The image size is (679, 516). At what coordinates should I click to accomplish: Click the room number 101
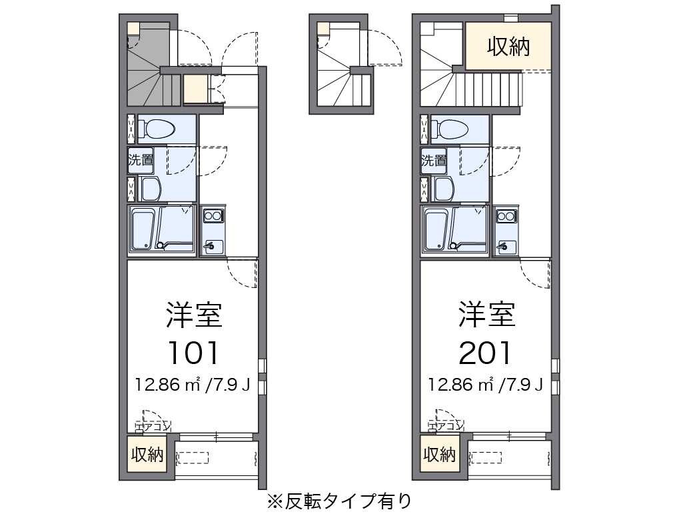point(193,353)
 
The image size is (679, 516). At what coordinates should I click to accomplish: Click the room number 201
point(486,353)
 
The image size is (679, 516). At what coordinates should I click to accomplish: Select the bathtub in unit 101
point(143,229)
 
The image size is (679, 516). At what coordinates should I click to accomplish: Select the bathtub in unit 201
point(436,229)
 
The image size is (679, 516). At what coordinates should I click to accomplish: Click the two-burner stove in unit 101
point(213,215)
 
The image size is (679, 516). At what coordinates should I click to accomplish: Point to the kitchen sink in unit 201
point(505,247)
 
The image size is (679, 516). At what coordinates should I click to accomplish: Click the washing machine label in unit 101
point(141,160)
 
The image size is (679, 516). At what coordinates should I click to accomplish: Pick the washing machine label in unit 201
point(433,160)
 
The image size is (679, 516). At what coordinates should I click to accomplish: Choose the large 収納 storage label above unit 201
point(508,47)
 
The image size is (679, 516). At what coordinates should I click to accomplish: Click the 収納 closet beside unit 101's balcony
point(147,455)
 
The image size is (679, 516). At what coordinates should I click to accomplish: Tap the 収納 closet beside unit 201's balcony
point(439,455)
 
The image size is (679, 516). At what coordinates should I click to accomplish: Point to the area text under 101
point(193,385)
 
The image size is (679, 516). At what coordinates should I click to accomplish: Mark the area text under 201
point(486,385)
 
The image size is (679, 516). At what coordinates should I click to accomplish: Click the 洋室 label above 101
point(194,315)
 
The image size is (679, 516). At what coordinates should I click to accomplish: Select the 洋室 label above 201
point(486,315)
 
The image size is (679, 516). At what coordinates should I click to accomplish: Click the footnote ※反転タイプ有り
point(339,500)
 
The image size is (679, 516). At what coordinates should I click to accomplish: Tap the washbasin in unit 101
point(150,189)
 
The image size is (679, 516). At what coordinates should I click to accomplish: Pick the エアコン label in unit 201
point(446,425)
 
